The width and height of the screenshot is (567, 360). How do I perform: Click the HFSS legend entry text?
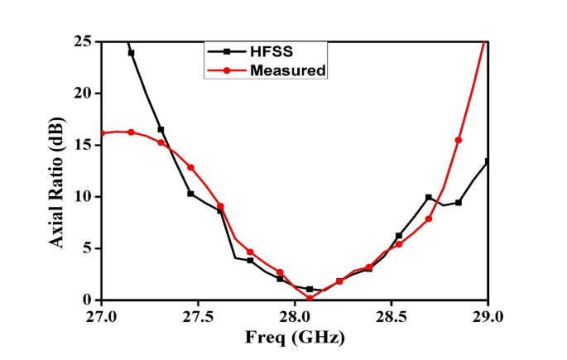click(270, 50)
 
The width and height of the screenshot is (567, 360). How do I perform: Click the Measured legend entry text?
click(287, 70)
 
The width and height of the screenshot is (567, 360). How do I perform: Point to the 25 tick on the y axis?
click(84, 41)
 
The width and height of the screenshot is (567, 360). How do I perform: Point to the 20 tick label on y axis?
click(84, 93)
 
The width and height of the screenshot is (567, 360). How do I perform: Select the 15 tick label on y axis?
click(84, 145)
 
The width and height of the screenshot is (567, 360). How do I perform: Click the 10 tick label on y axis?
click(84, 197)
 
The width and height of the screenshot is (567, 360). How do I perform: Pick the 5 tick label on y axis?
click(89, 248)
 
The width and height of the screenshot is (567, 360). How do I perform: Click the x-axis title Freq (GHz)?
click(294, 338)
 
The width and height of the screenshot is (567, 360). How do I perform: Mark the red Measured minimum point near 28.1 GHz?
click(310, 298)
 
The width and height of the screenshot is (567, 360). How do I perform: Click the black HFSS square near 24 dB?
click(131, 52)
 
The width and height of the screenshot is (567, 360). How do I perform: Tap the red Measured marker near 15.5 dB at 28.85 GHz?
click(459, 140)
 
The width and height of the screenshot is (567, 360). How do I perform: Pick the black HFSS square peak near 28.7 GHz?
click(429, 197)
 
